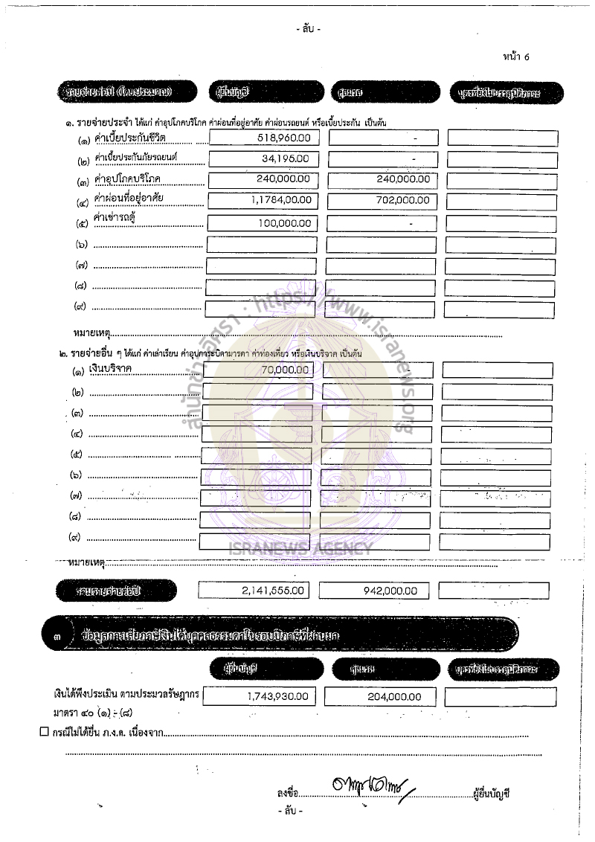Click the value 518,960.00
coord(283,138)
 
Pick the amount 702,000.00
coord(402,200)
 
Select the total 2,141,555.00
coord(273,590)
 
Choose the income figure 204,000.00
coord(394,697)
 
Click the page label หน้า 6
coord(516,57)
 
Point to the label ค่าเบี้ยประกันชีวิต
coord(130,138)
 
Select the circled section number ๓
coord(59,636)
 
